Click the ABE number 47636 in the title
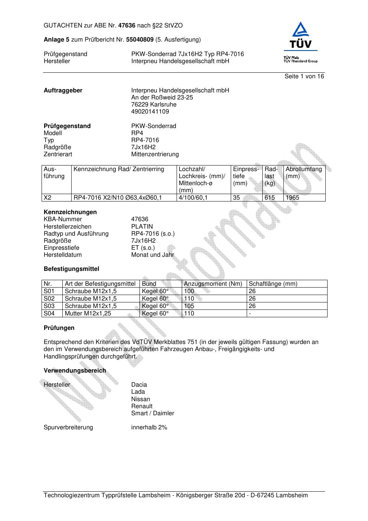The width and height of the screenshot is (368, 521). pos(127,26)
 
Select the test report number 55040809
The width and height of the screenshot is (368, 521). pos(140,40)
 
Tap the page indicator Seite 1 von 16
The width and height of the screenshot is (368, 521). pos(304,76)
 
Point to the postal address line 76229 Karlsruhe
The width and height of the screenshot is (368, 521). pos(154,105)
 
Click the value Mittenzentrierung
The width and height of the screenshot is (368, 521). pos(155,154)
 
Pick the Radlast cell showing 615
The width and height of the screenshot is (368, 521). pos(270,198)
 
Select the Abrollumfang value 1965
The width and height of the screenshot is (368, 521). pos(292,198)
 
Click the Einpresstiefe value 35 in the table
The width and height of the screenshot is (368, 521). pos(237,198)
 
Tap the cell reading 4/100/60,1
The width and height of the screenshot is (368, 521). pos(193,198)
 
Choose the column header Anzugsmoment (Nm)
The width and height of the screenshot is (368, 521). pos(213,284)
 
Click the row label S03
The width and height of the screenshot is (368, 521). pos(49,306)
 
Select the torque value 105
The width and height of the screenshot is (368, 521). pos(189,306)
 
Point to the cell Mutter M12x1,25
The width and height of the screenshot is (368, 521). pos(88,314)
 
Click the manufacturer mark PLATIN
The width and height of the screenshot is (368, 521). pos(142,227)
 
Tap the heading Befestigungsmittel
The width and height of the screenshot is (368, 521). pos(71,269)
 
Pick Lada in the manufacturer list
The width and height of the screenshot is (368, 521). pos(138,392)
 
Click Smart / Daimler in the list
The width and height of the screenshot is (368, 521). pos(152,413)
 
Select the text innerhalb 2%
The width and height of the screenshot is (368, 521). pos(149,427)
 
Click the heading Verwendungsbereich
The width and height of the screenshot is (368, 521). pos(75,371)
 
